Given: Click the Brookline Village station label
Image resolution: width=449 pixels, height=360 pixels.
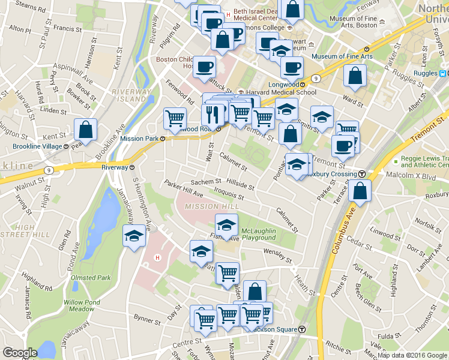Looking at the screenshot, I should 40,146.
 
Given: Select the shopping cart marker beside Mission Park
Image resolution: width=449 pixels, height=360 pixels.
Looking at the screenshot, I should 175,118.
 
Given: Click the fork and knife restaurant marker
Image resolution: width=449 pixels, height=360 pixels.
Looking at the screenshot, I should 213,113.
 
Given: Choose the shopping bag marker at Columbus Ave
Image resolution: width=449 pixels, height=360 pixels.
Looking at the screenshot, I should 360,191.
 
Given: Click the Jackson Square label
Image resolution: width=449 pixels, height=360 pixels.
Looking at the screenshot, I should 274,329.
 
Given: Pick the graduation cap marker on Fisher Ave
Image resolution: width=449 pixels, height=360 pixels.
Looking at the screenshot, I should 226,226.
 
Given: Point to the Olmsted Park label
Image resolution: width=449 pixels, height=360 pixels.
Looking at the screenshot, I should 91,278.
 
